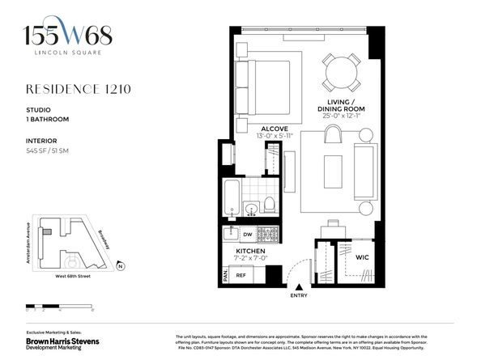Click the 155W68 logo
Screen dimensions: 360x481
coord(67,36)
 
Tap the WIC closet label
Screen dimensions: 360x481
coord(350,258)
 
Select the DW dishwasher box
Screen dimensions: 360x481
coord(248,234)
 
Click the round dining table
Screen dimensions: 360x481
coord(340,71)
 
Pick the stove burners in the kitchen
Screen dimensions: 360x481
coord(268,234)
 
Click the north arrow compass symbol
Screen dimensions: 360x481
coord(120,265)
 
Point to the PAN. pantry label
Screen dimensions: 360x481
coord(223,274)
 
